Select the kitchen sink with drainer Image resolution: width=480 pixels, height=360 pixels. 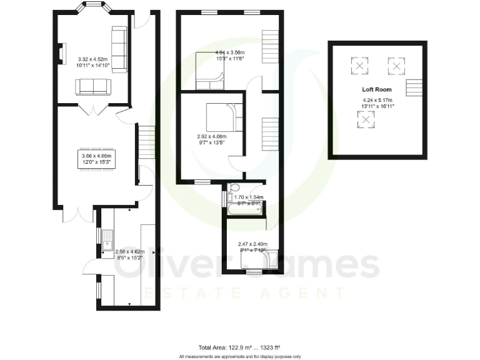pos(107,240)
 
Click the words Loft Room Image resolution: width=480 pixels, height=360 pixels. pos(376,89)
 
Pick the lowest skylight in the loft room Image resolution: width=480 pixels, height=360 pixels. pos(364,117)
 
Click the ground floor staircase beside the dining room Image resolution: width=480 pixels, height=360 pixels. pos(145,142)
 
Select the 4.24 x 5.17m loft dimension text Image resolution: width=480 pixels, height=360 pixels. pos(376,102)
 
